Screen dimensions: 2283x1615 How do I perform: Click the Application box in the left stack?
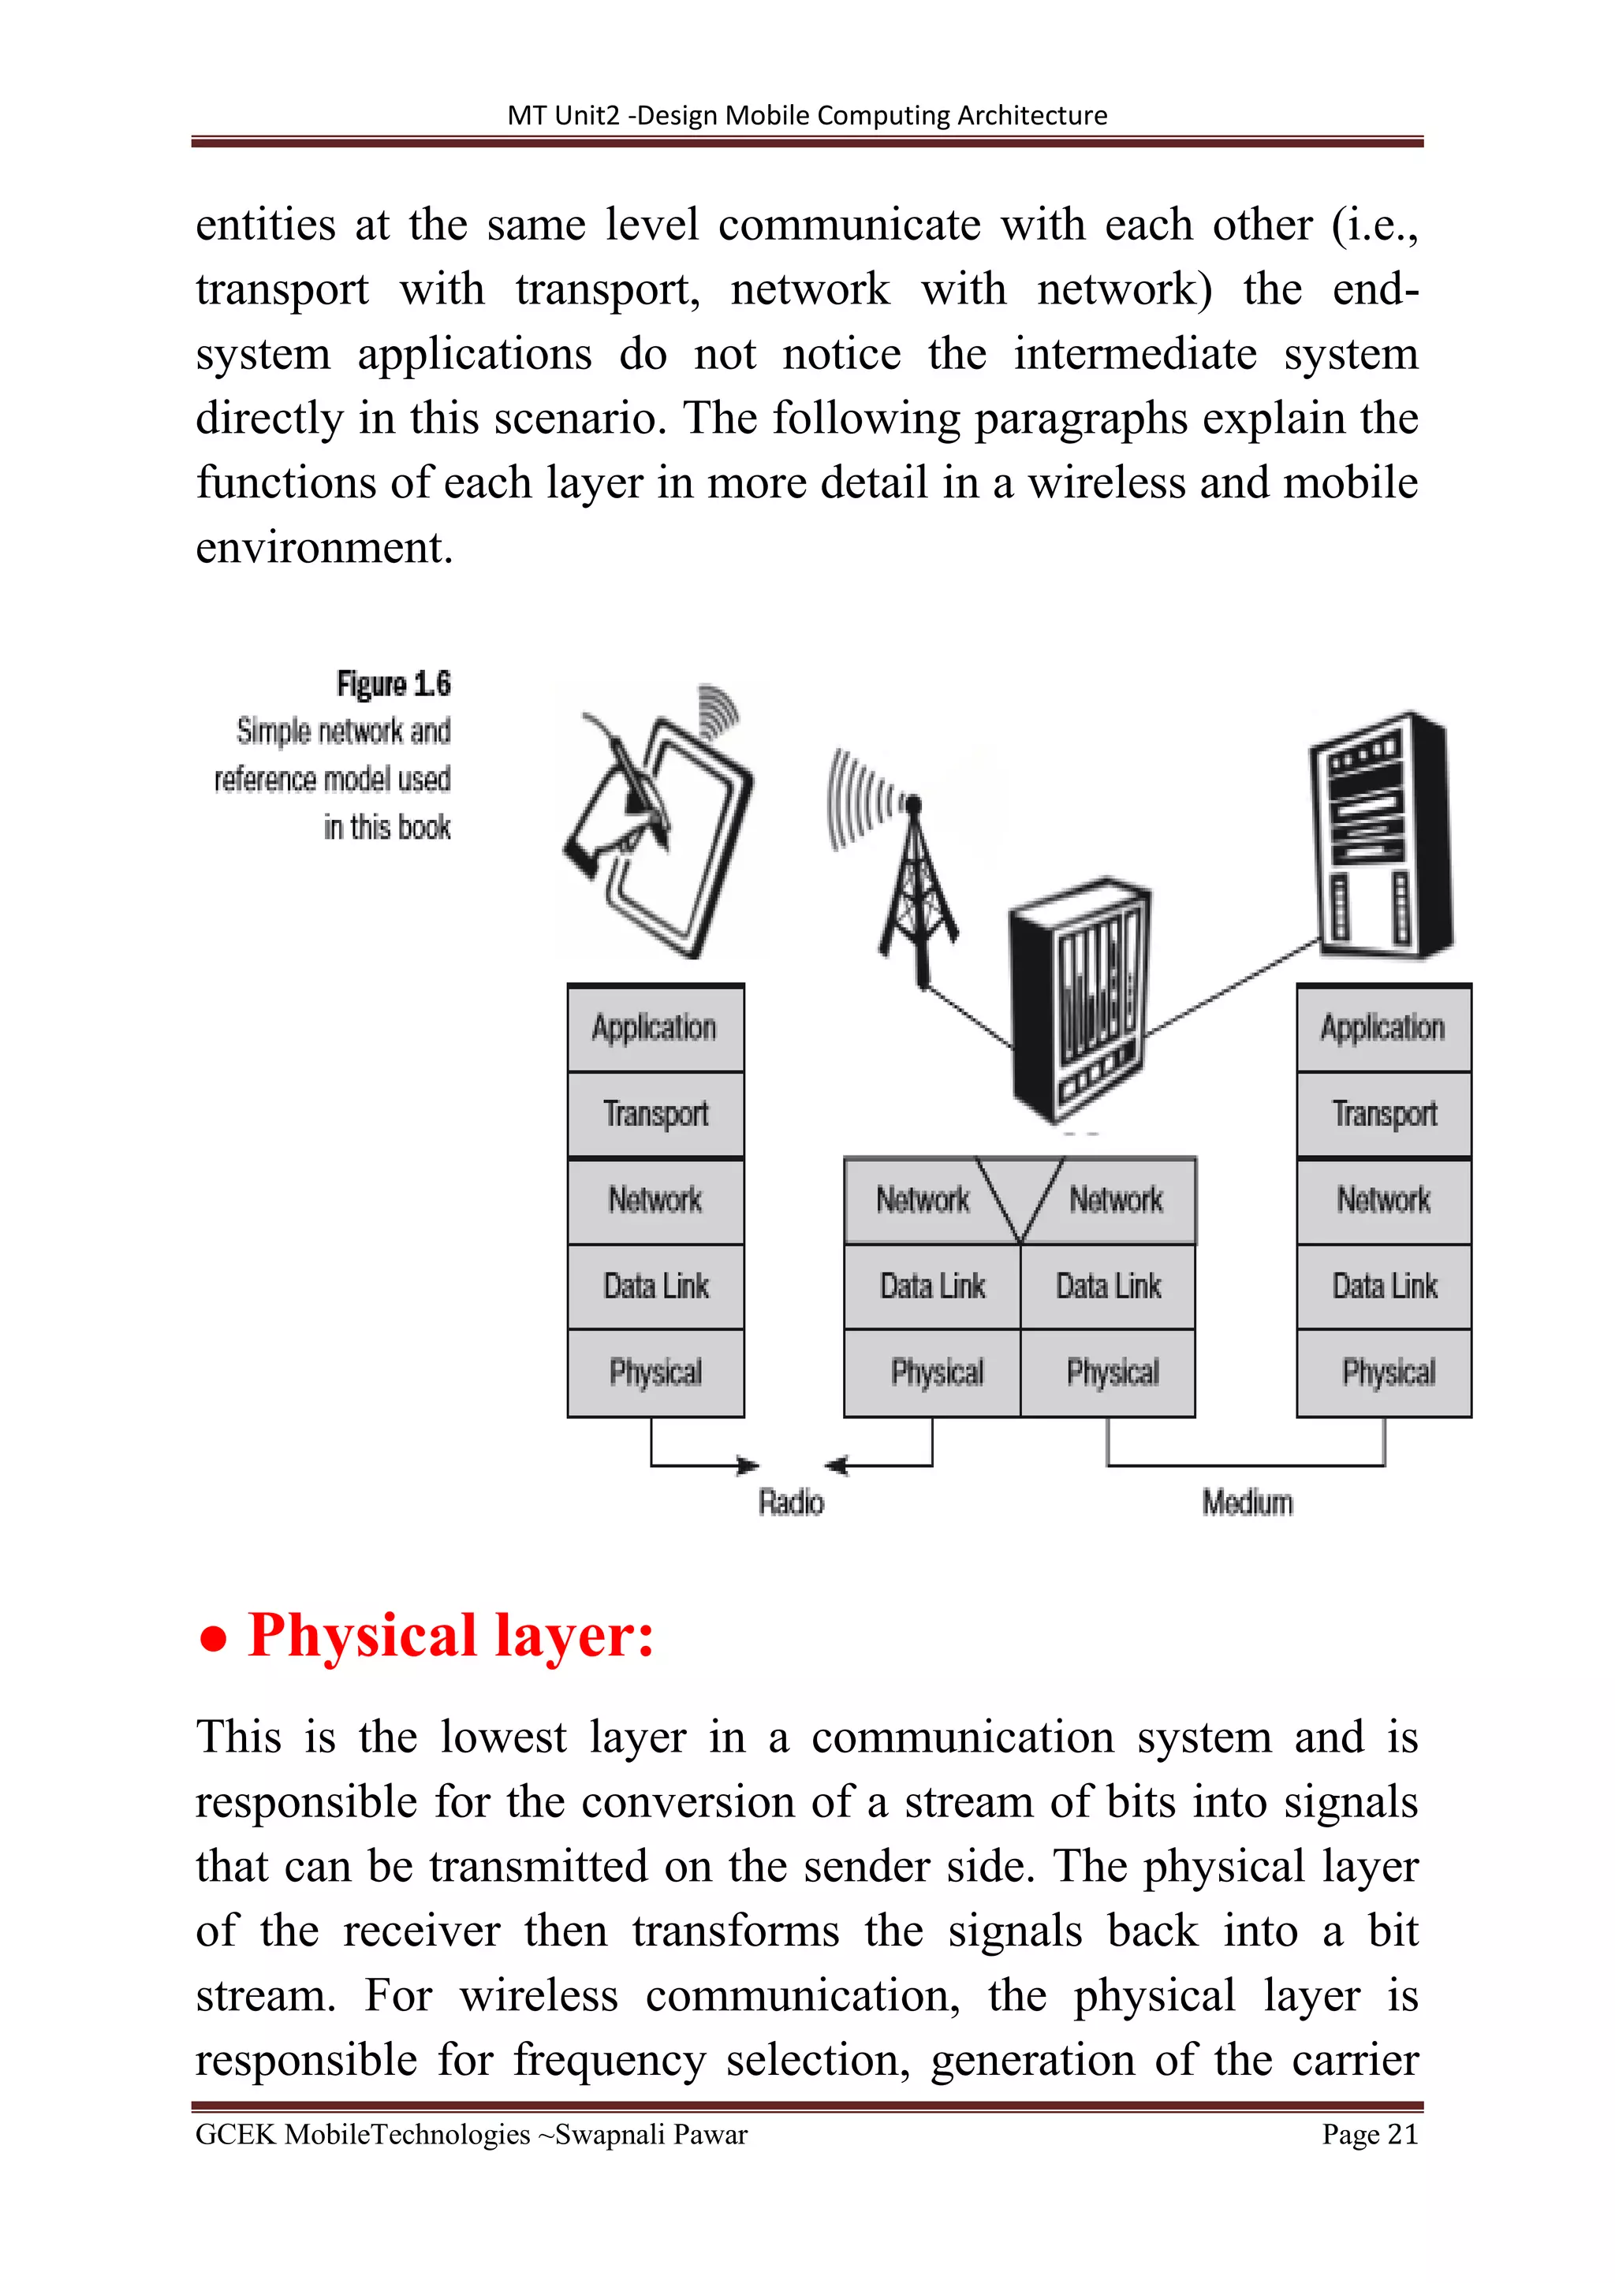[655, 1028]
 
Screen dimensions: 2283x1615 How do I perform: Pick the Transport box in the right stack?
[1384, 1114]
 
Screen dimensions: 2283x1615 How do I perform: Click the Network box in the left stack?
[655, 1200]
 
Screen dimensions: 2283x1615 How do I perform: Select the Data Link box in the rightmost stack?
[1384, 1287]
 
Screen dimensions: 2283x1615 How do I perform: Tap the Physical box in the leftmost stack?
[655, 1373]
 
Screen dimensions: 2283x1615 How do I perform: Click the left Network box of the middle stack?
[920, 1200]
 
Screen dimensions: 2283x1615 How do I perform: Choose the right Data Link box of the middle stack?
[1108, 1287]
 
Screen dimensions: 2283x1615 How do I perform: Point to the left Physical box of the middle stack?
[934, 1373]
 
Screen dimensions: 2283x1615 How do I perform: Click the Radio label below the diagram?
[792, 1503]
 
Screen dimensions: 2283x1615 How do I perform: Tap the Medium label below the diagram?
[1247, 1503]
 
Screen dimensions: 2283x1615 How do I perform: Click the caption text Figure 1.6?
[393, 684]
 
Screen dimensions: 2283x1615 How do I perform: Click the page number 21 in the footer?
[1402, 2134]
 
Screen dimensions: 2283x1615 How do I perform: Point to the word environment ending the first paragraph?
[324, 547]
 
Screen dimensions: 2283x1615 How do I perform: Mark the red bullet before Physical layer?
[212, 1640]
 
